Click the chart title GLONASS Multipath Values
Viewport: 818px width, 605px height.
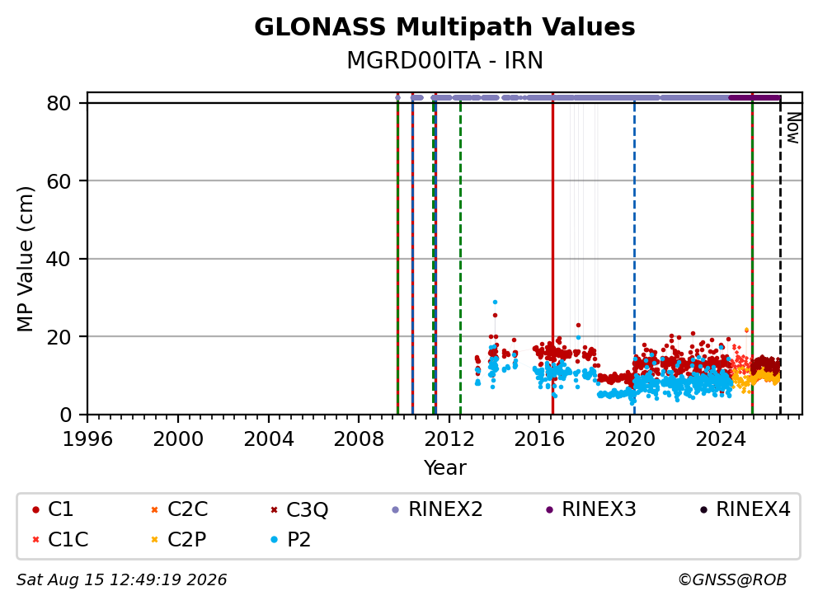click(444, 27)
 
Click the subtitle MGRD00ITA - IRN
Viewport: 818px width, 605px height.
click(444, 60)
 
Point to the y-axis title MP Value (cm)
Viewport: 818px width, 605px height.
click(25, 259)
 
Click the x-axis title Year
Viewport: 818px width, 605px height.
click(444, 468)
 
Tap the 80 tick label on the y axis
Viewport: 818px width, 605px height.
click(59, 103)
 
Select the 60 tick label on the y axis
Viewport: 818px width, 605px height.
click(59, 181)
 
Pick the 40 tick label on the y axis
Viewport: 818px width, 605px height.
click(59, 259)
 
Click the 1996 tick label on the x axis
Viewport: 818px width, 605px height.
click(87, 439)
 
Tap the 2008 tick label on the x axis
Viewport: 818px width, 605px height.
click(359, 439)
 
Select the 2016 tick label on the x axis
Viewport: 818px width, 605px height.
click(539, 439)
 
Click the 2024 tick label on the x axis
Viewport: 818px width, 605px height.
click(721, 439)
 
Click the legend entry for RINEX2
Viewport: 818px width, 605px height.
click(437, 509)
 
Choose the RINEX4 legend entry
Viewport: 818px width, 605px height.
click(745, 509)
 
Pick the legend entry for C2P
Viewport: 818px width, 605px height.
click(178, 540)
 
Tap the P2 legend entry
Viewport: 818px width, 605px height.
click(290, 540)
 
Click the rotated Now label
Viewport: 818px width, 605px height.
click(793, 129)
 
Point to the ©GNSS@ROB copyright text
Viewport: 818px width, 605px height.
click(732, 580)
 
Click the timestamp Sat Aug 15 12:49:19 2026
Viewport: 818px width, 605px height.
click(121, 580)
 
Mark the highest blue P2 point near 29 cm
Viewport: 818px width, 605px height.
click(495, 302)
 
